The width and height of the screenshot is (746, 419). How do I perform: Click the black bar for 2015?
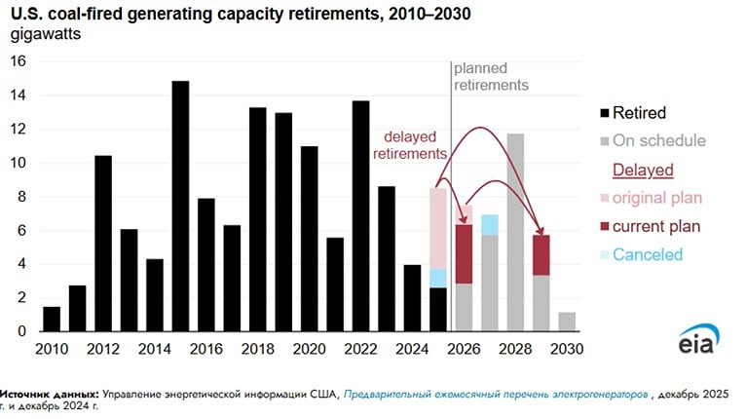180,207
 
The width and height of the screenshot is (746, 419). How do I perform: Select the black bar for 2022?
360,216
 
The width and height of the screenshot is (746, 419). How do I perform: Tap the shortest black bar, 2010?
52,319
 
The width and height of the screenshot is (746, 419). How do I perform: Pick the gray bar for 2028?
515,233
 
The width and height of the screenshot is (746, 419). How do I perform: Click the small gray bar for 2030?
567,322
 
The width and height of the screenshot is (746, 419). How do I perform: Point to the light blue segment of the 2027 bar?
490,225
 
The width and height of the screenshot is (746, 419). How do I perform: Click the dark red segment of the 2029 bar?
541,255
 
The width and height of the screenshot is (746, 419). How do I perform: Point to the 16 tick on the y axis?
17,61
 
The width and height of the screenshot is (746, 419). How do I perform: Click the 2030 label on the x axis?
567,348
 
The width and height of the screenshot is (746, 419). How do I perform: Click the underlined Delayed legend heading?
643,171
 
